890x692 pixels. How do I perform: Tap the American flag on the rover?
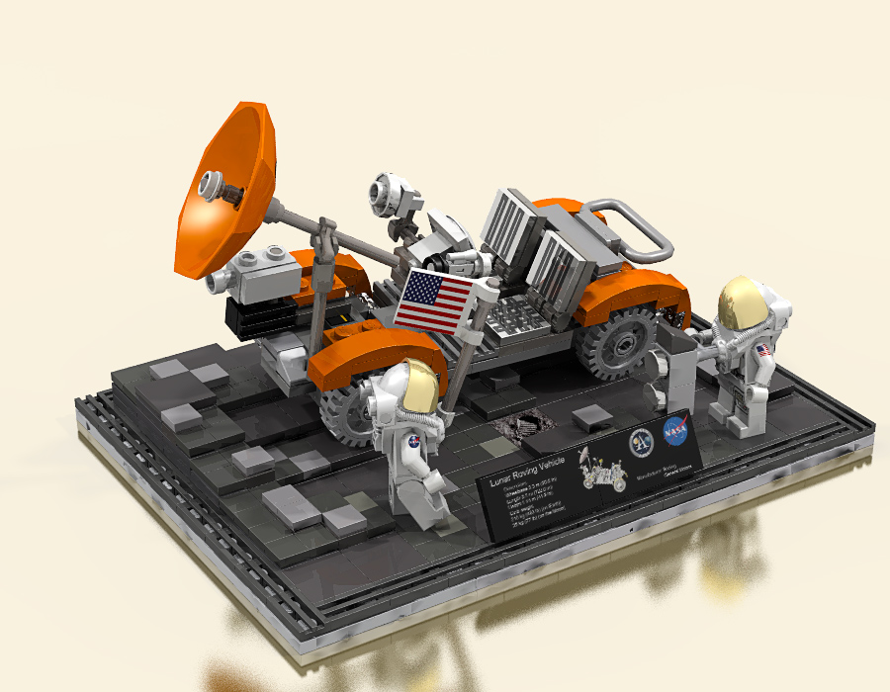pyautogui.click(x=435, y=299)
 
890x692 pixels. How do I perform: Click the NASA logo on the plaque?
pyautogui.click(x=675, y=430)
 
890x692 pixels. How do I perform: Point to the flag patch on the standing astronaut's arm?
pyautogui.click(x=763, y=349)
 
